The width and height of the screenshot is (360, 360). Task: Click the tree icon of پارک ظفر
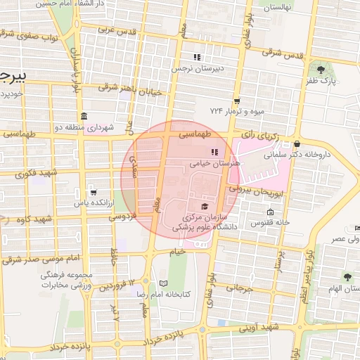(x=321, y=70)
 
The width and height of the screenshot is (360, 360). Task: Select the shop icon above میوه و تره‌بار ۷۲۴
(x=237, y=101)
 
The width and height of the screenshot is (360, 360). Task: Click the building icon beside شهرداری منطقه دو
(x=84, y=116)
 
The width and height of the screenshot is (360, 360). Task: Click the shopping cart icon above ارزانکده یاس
(x=93, y=192)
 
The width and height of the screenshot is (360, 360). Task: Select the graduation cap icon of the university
(x=205, y=206)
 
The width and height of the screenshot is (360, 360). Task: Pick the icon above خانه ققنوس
(x=270, y=212)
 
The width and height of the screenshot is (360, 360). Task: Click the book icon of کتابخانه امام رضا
(x=164, y=283)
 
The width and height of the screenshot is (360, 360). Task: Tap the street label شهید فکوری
(x=39, y=172)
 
